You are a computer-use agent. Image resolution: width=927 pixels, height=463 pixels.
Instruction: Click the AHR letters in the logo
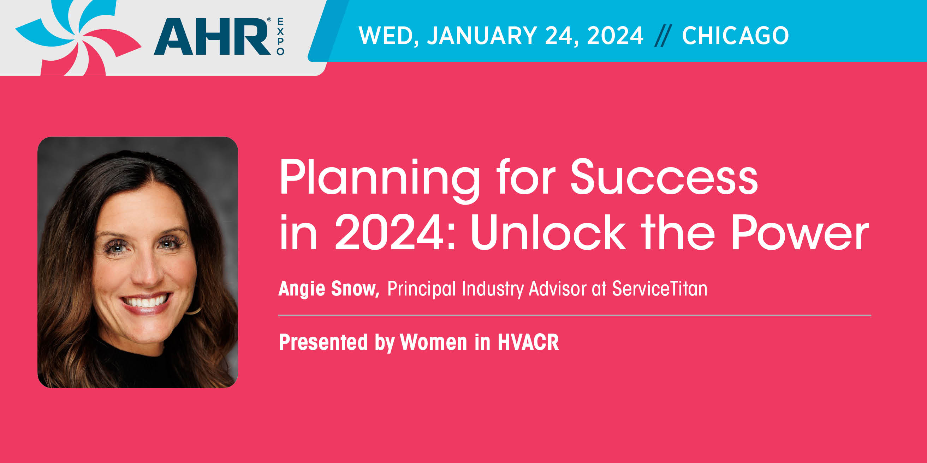point(212,37)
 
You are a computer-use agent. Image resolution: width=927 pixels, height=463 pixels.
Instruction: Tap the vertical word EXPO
point(280,37)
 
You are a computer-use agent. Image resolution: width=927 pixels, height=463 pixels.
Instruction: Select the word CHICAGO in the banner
point(735,36)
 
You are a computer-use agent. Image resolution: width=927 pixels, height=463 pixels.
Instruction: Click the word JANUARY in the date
point(482,36)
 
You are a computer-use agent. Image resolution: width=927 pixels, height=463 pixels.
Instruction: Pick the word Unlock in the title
point(548,232)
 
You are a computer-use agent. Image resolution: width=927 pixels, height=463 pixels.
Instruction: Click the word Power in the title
point(801,233)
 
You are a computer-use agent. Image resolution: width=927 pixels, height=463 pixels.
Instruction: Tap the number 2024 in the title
point(389,232)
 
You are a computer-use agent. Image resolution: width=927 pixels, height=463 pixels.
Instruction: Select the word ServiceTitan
point(660,288)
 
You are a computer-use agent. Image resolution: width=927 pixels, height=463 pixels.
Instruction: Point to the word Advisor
point(557,288)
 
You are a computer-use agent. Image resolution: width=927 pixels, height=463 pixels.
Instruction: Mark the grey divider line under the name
point(575,315)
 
